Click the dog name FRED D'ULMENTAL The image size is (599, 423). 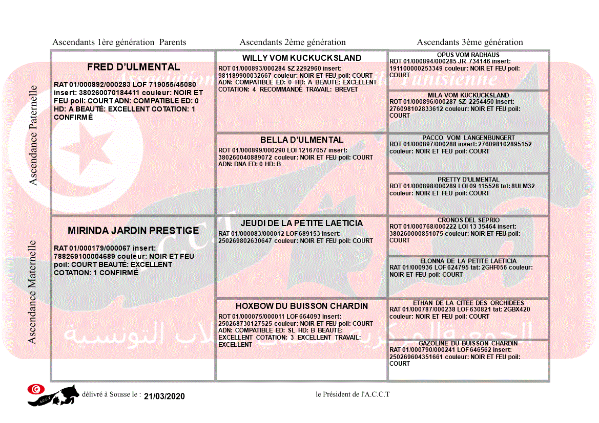pyautogui.click(x=133, y=67)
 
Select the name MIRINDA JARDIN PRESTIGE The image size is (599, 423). pyautogui.click(x=133, y=231)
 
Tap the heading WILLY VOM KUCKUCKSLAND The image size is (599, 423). pyautogui.click(x=302, y=58)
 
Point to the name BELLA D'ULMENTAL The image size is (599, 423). pyautogui.click(x=302, y=140)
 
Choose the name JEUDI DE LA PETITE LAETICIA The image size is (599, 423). pyautogui.click(x=302, y=224)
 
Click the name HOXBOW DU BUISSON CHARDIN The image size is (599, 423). pyautogui.click(x=302, y=306)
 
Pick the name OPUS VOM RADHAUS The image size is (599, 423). pyautogui.click(x=468, y=55)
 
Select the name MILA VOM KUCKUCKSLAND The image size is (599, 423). pyautogui.click(x=468, y=96)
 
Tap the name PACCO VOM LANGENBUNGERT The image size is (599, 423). pyautogui.click(x=468, y=138)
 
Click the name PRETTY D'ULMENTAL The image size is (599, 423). pyautogui.click(x=468, y=180)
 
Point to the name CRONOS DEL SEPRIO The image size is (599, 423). pyautogui.click(x=468, y=220)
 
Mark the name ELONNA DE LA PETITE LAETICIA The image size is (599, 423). pyautogui.click(x=468, y=261)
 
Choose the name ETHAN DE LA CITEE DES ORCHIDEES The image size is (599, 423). pyautogui.click(x=468, y=303)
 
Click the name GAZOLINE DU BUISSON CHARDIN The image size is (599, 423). pyautogui.click(x=468, y=343)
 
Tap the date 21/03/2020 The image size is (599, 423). pyautogui.click(x=164, y=396)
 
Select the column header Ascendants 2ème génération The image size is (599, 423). pyautogui.click(x=293, y=42)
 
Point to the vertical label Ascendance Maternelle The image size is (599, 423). pyautogui.click(x=33, y=292)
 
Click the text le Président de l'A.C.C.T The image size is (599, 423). pyautogui.click(x=353, y=394)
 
